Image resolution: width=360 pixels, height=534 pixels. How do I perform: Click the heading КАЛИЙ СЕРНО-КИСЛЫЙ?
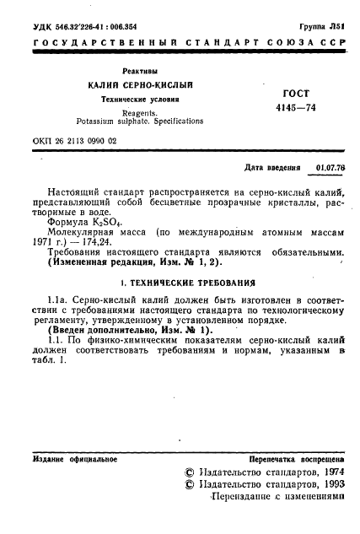point(141,87)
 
